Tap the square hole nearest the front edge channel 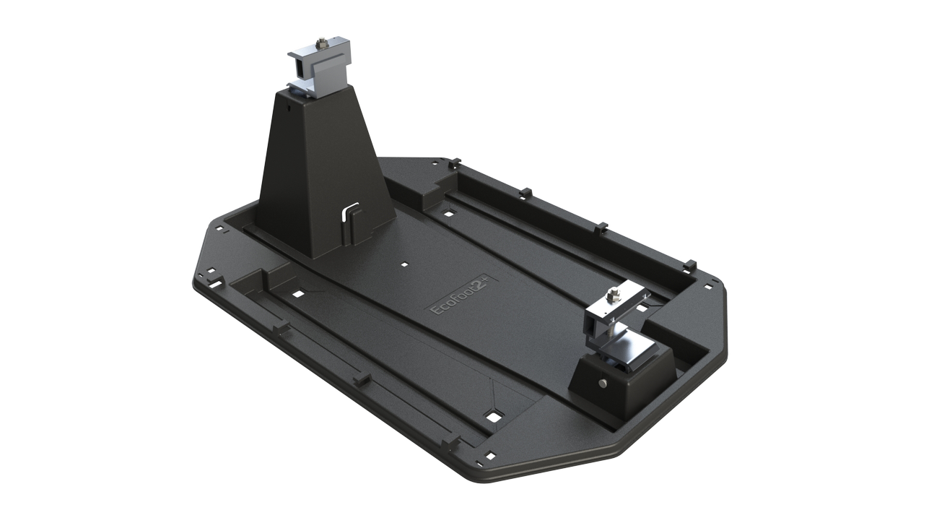pos(494,416)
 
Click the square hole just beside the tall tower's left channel pos(296,293)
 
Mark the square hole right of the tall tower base pos(449,213)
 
